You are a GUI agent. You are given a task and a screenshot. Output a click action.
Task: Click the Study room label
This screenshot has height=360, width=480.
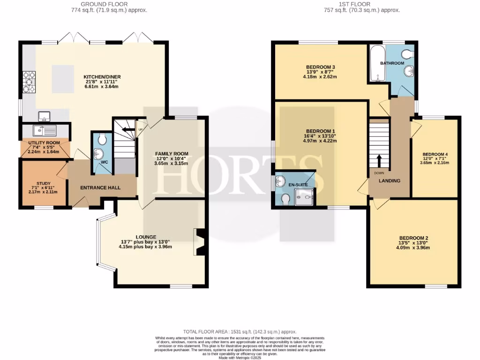click(43, 184)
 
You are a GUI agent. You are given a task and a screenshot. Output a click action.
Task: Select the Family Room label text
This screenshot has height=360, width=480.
click(172, 154)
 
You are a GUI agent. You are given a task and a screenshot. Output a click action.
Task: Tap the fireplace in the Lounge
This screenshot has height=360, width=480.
click(199, 242)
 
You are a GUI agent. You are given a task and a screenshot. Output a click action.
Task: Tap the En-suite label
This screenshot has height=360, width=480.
click(298, 185)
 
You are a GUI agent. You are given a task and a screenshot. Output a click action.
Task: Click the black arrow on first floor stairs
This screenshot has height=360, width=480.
click(379, 162)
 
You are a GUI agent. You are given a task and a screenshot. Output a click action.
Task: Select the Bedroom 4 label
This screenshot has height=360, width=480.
click(435, 154)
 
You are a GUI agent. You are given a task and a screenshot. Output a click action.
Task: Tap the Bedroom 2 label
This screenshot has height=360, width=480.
click(413, 238)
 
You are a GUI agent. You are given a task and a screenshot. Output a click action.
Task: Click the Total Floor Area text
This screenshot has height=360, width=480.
click(240, 332)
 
